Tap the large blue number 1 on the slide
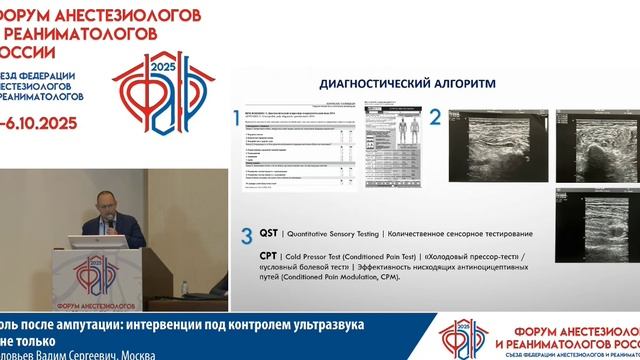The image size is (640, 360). [x=237, y=118]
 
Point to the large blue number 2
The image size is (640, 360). [x=435, y=118]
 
